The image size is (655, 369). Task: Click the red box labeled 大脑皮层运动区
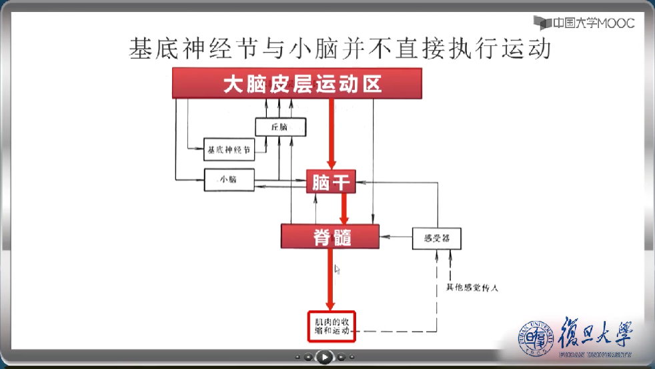(297, 84)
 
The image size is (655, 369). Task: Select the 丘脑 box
(280, 127)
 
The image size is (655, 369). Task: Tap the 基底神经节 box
(229, 150)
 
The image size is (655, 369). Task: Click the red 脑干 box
(331, 181)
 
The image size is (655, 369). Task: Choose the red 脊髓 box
(330, 236)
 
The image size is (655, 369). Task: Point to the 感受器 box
(437, 238)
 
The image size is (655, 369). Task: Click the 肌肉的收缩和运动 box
(332, 326)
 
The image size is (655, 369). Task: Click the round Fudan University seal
(536, 338)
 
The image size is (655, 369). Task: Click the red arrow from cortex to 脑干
(330, 133)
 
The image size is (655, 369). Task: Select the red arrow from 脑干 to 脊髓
(344, 209)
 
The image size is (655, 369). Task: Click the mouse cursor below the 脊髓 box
(337, 269)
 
